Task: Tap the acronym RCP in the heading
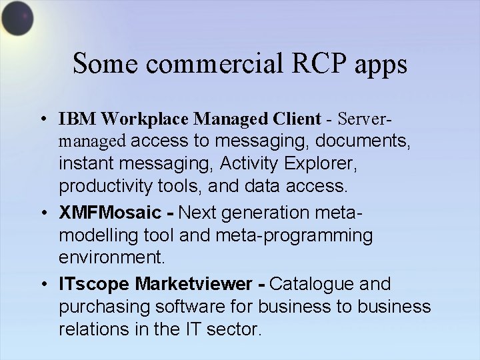click(x=312, y=64)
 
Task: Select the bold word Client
click(x=296, y=119)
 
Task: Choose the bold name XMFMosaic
click(x=110, y=213)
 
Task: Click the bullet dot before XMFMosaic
click(x=42, y=213)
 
